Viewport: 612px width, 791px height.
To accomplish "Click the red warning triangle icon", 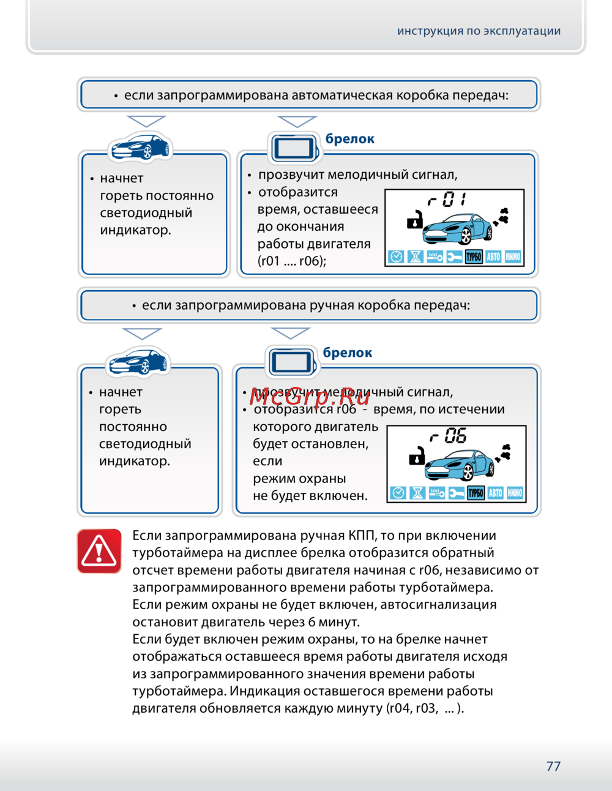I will coord(99,551).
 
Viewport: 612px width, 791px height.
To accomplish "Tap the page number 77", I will coord(553,766).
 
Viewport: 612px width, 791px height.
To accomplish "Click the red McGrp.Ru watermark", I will coord(310,397).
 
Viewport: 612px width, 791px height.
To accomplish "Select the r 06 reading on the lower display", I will coord(450,436).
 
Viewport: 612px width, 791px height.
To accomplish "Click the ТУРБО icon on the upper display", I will coord(474,257).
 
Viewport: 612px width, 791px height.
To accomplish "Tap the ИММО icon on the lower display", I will coord(515,493).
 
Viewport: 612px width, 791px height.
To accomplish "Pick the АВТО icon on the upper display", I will coord(493,257).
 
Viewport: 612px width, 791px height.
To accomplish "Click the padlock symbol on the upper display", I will coord(415,219).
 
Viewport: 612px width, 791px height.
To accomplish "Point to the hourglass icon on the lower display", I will coord(417,493).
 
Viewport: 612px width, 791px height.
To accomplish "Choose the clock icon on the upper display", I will coord(396,257).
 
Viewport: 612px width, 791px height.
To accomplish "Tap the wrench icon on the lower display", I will coord(456,493).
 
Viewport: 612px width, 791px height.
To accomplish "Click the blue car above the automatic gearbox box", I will coord(140,147).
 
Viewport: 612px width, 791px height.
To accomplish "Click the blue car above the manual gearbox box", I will coord(138,362).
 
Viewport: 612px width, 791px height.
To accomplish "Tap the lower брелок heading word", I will coord(348,353).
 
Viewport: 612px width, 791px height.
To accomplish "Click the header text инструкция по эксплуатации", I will coord(479,31).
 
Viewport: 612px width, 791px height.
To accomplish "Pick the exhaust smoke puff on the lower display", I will coord(505,453).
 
